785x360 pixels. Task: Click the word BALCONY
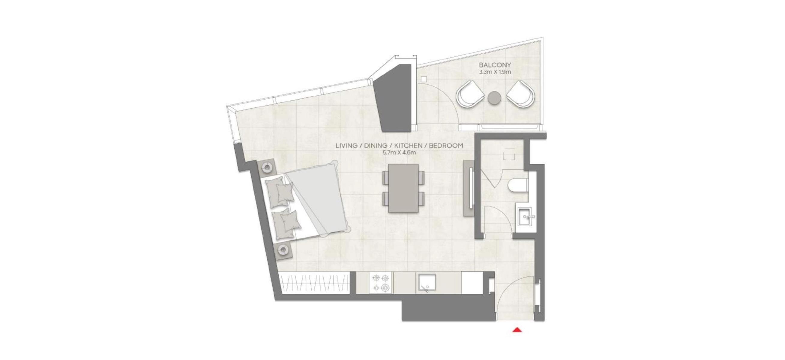[x=495, y=65]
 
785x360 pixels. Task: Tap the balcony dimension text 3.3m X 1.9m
[x=495, y=72]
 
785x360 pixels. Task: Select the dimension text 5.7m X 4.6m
[x=399, y=152]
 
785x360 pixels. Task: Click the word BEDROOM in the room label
[x=446, y=146]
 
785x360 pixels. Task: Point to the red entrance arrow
[x=517, y=329]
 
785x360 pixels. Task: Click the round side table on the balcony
[x=495, y=98]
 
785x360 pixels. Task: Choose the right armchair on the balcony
[x=520, y=94]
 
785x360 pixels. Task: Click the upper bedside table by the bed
[x=55, y=167]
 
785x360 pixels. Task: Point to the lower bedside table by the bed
[x=71, y=250]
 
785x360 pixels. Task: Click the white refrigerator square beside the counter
[x=472, y=283]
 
